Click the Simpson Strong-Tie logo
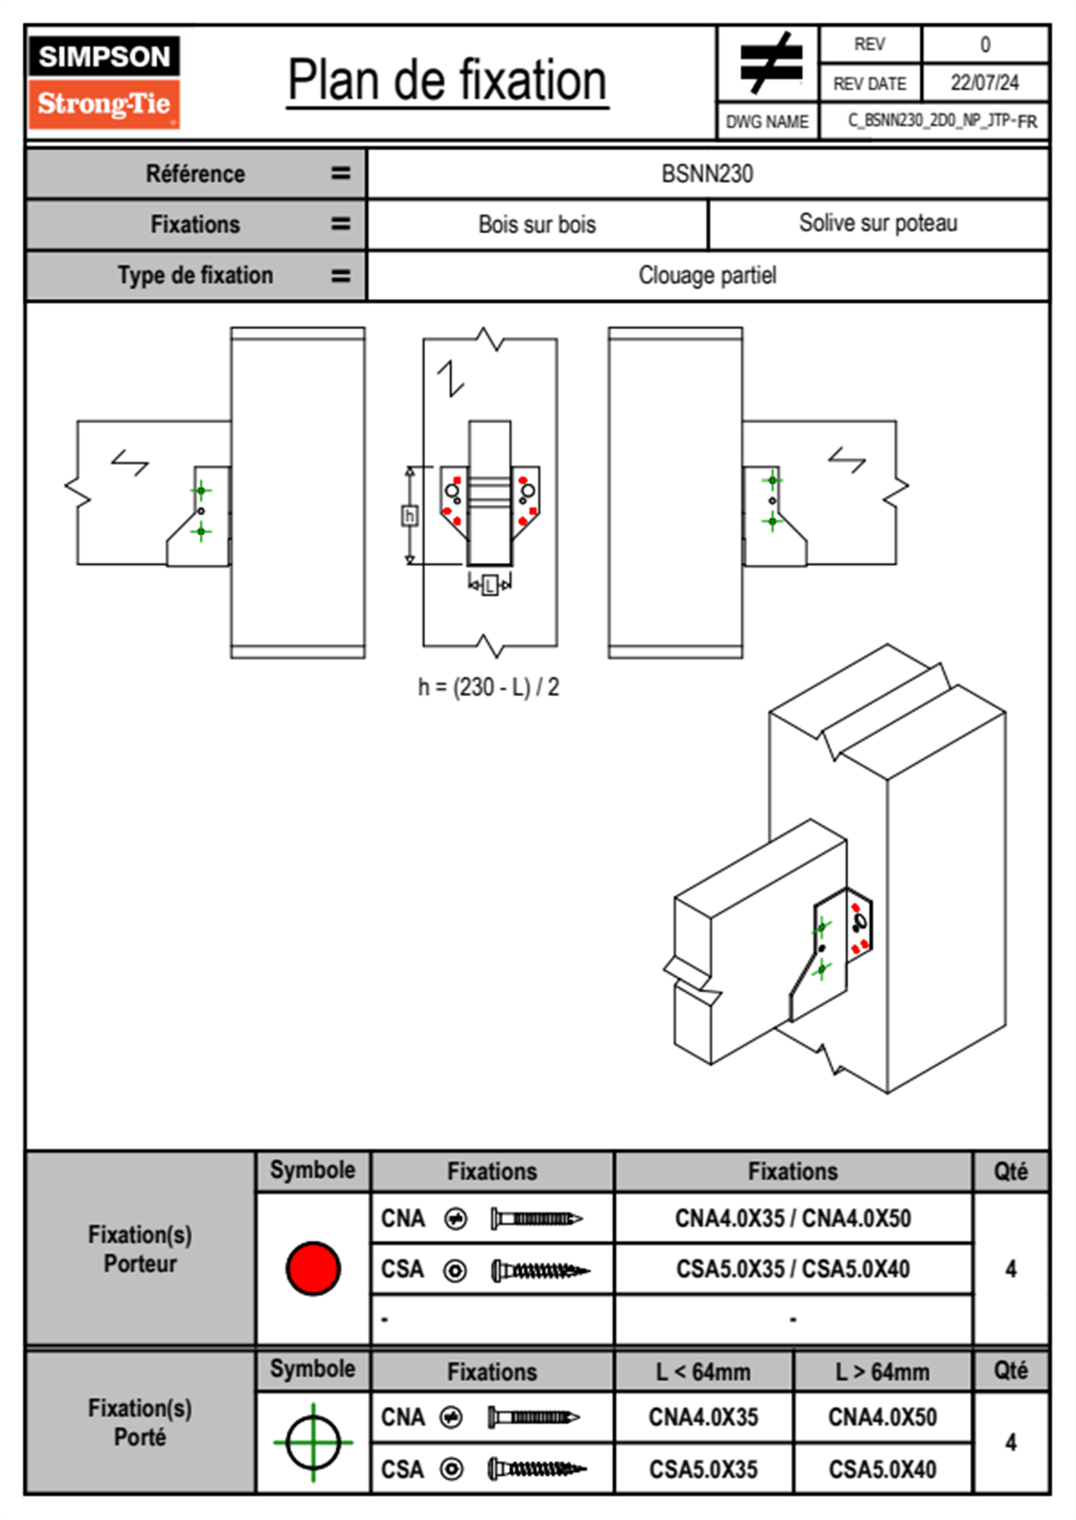point(104,81)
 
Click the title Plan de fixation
point(447,80)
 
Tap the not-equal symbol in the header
point(770,63)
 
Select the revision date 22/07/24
point(984,83)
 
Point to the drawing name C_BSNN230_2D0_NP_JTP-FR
point(941,121)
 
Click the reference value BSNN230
point(707,174)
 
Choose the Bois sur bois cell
point(537,224)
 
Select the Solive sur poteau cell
point(878,223)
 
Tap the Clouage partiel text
point(707,275)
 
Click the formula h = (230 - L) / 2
point(488,688)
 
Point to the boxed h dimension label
point(410,516)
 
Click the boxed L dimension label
point(489,586)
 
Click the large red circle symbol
point(313,1268)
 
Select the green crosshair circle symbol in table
point(313,1442)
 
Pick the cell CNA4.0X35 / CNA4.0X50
point(793,1218)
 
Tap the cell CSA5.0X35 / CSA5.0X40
point(793,1269)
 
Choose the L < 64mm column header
point(703,1372)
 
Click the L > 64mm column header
point(882,1372)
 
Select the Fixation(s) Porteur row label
point(140,1249)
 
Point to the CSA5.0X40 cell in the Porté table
point(882,1469)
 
